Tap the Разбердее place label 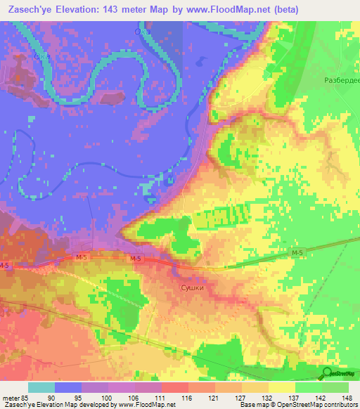(x=340, y=81)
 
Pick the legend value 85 (x=25, y=398)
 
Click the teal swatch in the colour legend (x=41, y=387)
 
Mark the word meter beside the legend (x=10, y=398)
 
